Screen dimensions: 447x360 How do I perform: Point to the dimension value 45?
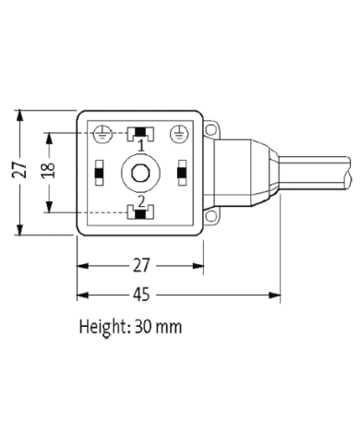[141, 296]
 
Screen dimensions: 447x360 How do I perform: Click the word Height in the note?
[103, 327]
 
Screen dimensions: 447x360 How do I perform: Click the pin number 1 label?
[140, 146]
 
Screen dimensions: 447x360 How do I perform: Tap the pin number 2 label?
[140, 200]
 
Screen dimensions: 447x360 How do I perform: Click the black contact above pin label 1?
[140, 133]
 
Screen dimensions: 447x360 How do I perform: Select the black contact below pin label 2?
[140, 212]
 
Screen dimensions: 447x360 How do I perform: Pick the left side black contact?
[99, 171]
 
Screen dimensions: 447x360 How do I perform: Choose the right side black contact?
[182, 171]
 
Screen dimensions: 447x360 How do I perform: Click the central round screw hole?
[140, 172]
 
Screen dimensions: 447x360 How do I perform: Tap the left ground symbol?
[104, 133]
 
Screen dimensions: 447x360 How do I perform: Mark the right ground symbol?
[177, 133]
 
